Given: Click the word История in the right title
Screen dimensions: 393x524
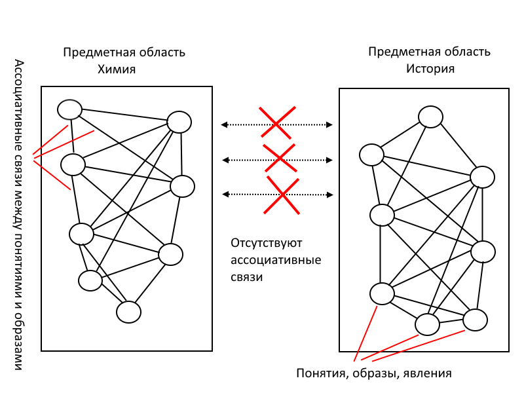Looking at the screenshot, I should [429, 69].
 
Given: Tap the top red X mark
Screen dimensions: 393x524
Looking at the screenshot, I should [276, 122].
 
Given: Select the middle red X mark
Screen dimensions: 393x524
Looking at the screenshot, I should [279, 158].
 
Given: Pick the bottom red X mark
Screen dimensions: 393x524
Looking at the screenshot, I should [282, 195].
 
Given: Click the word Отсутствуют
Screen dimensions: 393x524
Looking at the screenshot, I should [266, 244].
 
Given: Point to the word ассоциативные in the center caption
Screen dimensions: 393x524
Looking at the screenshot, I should [276, 261].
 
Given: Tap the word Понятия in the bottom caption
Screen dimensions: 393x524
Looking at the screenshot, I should [320, 373].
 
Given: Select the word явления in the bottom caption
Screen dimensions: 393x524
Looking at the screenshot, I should [428, 373].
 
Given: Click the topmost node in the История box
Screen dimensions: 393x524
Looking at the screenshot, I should [431, 117].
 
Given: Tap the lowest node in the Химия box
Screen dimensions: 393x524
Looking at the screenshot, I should [129, 312].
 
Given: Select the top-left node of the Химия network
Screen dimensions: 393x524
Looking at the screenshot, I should [69, 109].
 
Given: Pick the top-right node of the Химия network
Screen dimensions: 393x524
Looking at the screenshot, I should [179, 122].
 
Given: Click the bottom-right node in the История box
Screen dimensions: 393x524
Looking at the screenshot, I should [476, 320].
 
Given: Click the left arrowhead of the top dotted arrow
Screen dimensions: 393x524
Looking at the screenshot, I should [223, 124].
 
